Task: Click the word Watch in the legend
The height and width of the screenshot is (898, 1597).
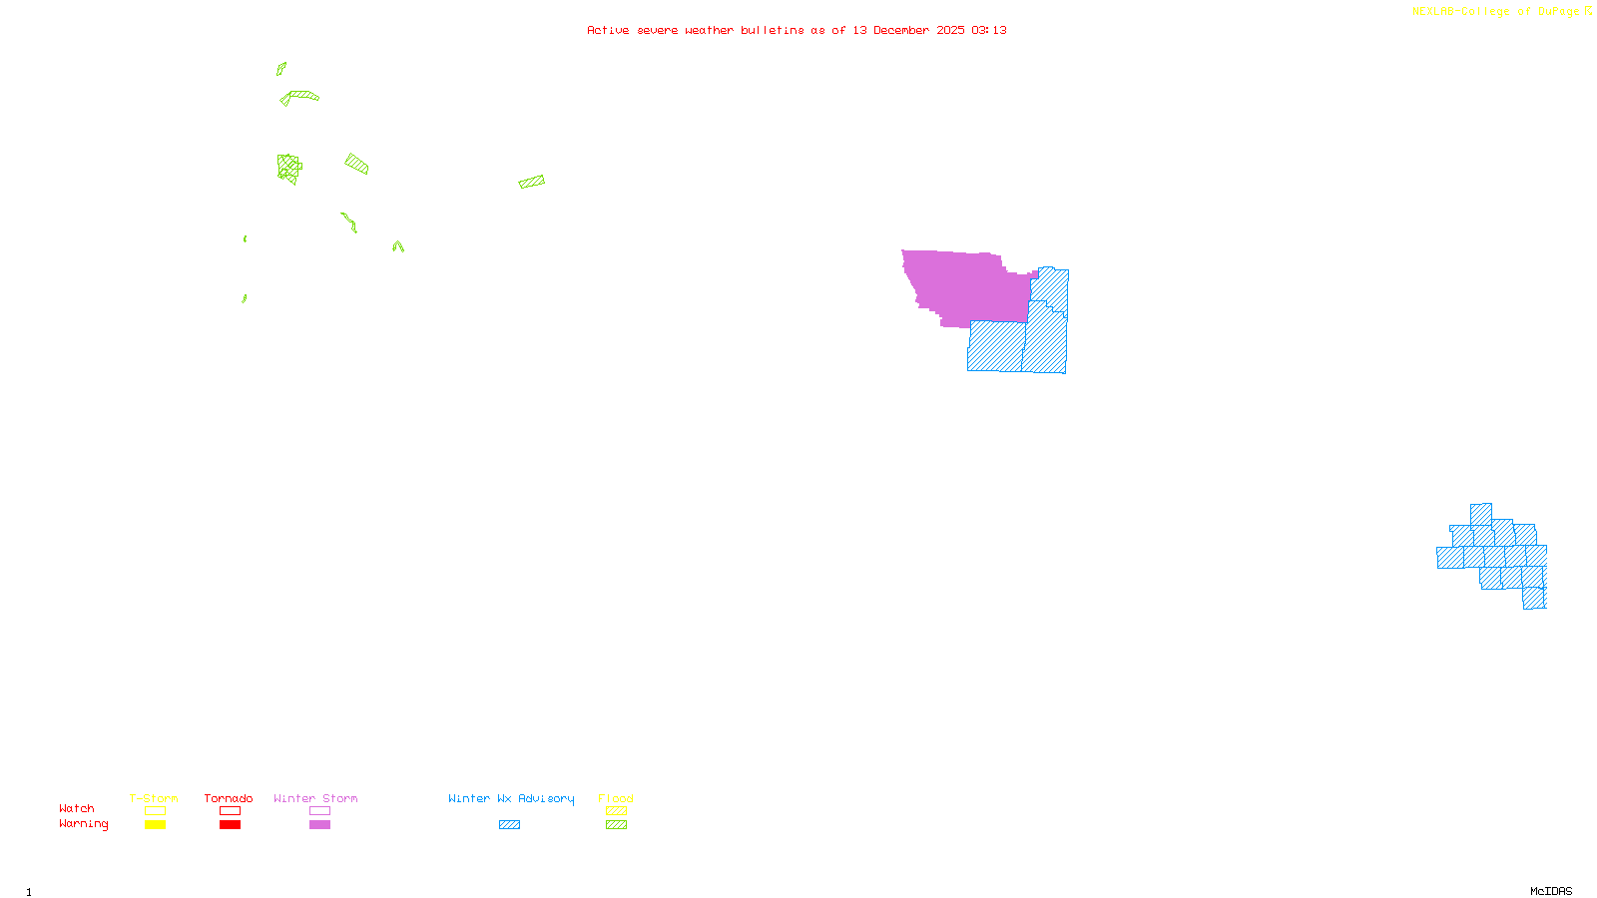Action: tap(77, 808)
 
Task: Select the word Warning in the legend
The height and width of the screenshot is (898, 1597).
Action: tap(84, 824)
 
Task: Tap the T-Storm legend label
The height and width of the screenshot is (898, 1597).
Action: tap(154, 798)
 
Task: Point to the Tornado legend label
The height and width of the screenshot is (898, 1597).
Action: tap(229, 798)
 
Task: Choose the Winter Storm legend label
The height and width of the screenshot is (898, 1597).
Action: tap(315, 798)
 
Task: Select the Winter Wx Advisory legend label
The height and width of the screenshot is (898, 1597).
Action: tap(511, 798)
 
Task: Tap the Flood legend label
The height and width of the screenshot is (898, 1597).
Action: tap(616, 798)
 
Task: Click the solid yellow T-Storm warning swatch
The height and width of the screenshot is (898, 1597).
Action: tap(155, 825)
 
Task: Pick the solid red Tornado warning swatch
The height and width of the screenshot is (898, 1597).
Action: tap(231, 825)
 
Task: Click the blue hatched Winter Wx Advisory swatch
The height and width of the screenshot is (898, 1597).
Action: tap(509, 825)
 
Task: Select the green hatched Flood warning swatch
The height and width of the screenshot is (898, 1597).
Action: tap(617, 825)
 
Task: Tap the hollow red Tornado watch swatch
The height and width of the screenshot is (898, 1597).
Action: tap(231, 811)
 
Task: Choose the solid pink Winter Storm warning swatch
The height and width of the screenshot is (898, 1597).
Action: tap(319, 825)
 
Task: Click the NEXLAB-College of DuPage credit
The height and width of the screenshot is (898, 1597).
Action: tap(1496, 12)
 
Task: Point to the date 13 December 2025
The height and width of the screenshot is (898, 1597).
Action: tap(908, 30)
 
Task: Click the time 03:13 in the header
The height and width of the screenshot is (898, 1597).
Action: tap(989, 30)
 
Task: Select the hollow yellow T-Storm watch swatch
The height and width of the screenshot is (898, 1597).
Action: tap(155, 811)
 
